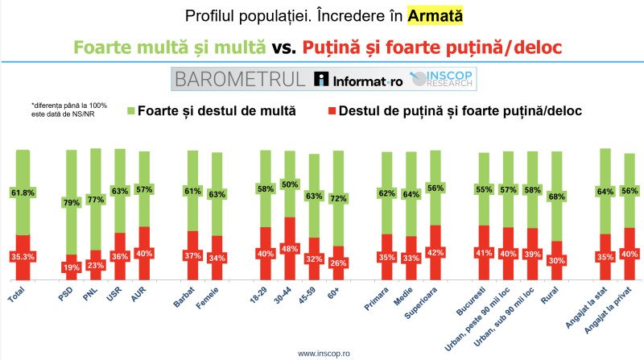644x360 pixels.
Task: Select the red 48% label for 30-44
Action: click(290, 249)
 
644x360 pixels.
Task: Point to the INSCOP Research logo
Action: click(443, 79)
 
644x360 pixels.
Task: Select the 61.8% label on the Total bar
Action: click(23, 192)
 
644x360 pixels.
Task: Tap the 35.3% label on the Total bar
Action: click(23, 257)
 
